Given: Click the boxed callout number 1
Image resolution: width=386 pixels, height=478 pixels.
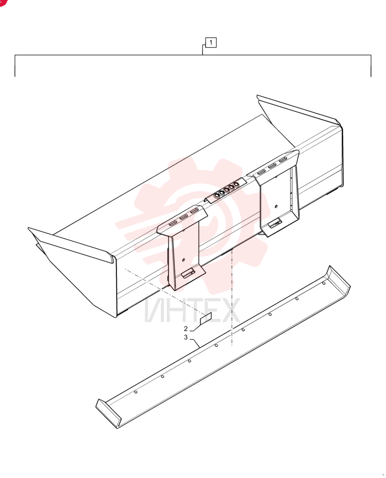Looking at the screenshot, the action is (211, 43).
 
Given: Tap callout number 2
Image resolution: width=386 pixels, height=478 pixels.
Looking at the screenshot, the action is (186, 329).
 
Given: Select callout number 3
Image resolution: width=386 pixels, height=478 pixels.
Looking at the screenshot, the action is (186, 337).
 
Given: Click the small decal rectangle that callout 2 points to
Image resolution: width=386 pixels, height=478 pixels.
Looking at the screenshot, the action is (205, 318).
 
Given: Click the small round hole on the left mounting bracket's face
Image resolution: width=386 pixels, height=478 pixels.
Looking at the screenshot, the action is (183, 260).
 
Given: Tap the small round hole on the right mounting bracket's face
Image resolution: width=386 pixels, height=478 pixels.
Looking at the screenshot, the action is (276, 206).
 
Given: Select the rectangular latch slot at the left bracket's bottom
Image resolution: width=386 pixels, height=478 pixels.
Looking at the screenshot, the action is (188, 273).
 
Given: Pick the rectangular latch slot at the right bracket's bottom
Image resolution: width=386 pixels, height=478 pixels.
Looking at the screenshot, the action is (275, 223).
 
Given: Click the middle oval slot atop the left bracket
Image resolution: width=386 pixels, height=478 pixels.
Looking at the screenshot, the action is (183, 217).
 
